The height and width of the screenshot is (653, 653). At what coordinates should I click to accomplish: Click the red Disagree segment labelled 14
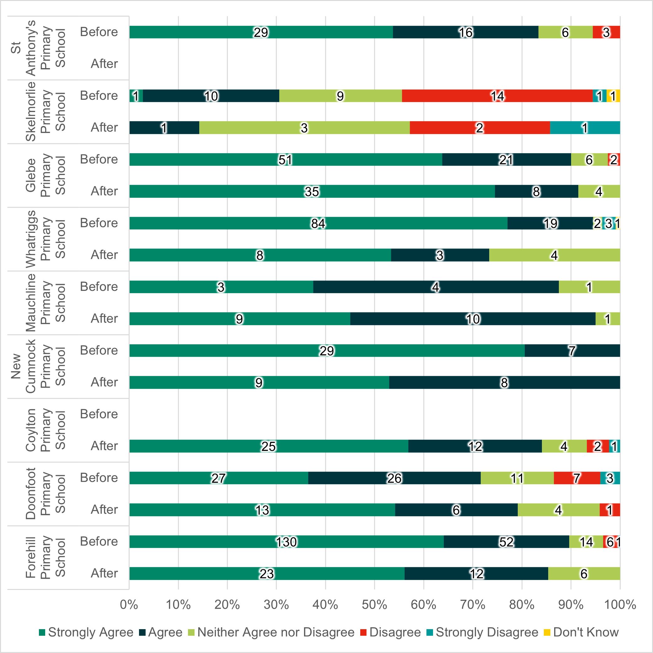[497, 96]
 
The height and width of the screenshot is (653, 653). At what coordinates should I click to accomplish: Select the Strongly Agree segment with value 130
[286, 542]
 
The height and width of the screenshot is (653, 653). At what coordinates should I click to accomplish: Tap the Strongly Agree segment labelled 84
[318, 223]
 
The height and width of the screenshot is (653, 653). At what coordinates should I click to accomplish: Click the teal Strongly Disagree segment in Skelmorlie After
[585, 128]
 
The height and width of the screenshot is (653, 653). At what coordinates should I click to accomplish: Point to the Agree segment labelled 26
[394, 478]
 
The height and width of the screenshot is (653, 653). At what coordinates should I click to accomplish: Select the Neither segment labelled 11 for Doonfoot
[517, 478]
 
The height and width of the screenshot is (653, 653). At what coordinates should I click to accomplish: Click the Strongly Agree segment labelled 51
[286, 159]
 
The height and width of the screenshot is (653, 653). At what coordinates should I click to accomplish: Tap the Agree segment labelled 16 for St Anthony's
[465, 32]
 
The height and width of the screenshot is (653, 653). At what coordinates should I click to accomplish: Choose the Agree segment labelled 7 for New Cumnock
[572, 351]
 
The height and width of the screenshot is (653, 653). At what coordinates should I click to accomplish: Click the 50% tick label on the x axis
[374, 604]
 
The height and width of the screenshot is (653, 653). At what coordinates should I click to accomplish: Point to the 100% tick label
[620, 604]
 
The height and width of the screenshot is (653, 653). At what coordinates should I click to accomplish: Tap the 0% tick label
[129, 604]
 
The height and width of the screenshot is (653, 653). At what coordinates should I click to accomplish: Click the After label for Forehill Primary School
[104, 573]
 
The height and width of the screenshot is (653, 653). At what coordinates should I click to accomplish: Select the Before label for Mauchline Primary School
[99, 286]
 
